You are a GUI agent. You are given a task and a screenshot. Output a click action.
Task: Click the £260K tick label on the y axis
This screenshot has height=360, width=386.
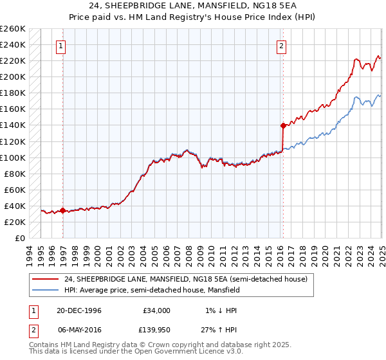click(13, 29)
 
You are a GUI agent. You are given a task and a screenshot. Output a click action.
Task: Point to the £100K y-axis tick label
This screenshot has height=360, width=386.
click(13, 157)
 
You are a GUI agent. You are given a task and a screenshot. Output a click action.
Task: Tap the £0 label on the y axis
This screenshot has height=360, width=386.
click(21, 238)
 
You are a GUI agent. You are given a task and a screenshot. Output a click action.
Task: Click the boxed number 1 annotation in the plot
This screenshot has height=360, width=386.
click(61, 46)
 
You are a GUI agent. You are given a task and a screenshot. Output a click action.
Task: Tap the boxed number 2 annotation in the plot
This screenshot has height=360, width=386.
click(282, 46)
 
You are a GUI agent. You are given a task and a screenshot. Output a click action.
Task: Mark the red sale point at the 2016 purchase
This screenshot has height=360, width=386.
click(282, 125)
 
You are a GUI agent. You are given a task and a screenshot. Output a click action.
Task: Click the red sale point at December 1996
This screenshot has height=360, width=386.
click(62, 210)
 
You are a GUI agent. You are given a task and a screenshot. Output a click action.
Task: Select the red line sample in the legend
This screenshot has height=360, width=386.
click(45, 280)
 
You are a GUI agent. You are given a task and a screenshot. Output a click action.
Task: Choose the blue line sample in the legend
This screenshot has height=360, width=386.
click(45, 290)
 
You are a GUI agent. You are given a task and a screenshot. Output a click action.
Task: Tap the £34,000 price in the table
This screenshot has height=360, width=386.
click(156, 310)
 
